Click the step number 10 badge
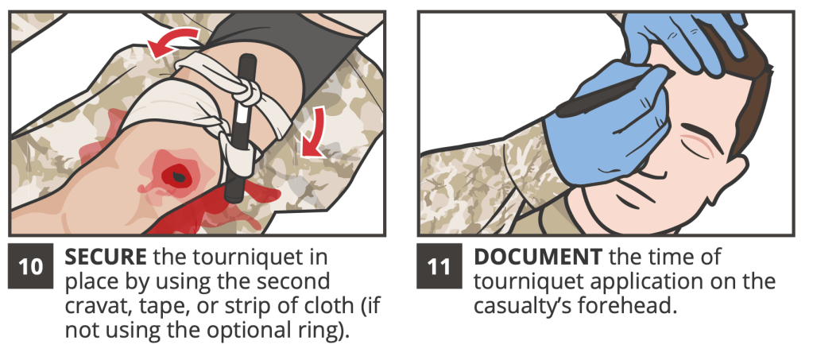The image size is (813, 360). (30, 265)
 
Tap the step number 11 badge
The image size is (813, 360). (439, 265)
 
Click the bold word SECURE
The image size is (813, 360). (105, 257)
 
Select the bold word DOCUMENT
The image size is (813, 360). (538, 257)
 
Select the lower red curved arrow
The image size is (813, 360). (314, 132)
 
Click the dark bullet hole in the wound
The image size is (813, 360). (178, 176)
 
